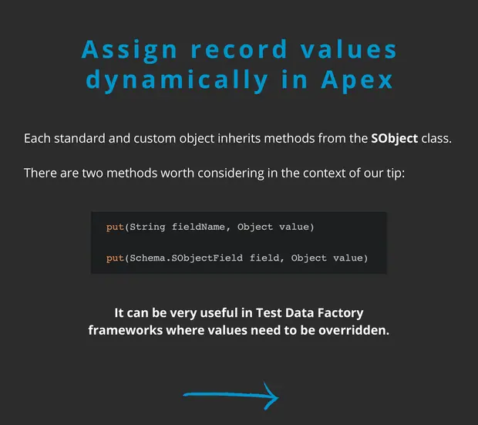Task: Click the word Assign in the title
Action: (x=129, y=50)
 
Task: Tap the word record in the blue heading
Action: (x=239, y=49)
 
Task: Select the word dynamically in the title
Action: (x=177, y=80)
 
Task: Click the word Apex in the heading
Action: (x=357, y=80)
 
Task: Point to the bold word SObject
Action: (x=394, y=139)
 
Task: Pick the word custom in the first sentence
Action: (x=155, y=139)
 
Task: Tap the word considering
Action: (x=231, y=174)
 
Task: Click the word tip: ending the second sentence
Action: (x=396, y=174)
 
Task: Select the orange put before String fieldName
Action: (x=115, y=227)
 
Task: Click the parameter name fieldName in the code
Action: (x=198, y=227)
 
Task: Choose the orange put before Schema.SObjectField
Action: (x=115, y=258)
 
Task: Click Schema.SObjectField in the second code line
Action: (x=187, y=258)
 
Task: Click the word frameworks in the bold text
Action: (x=126, y=330)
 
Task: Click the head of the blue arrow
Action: (x=278, y=397)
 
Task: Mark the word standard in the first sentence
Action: (x=79, y=139)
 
